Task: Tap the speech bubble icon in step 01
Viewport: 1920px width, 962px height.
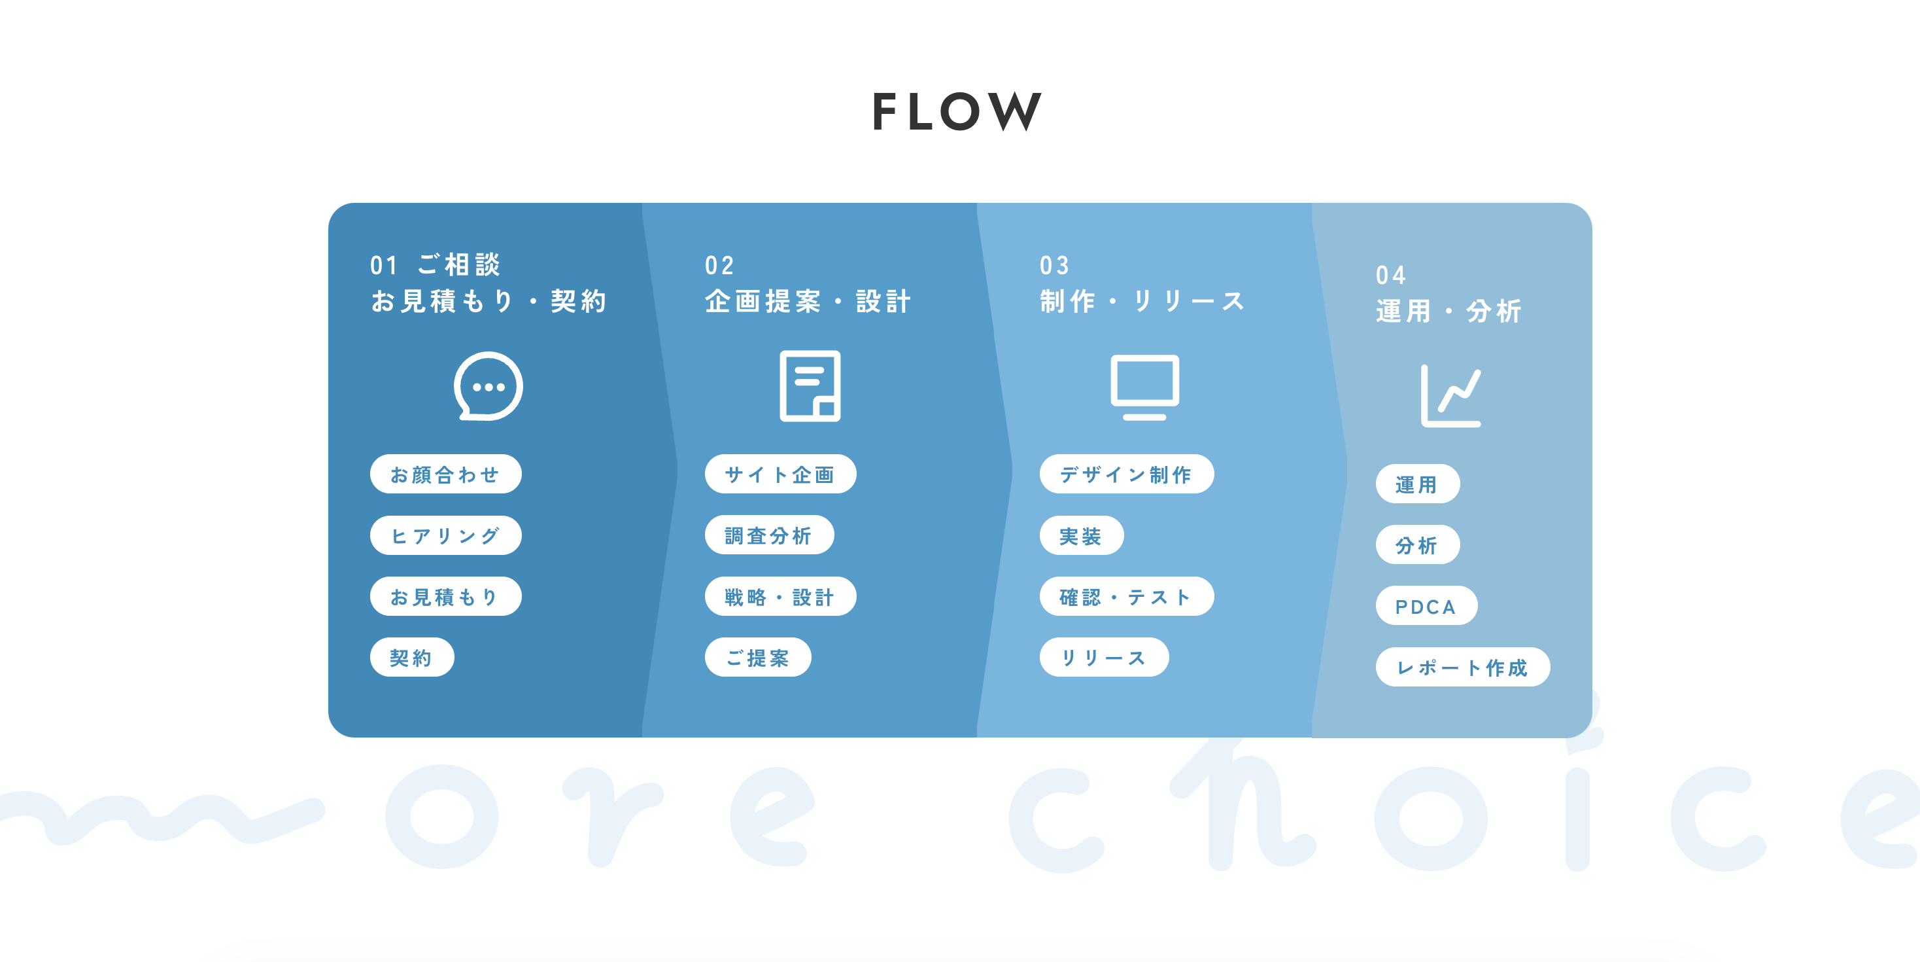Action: pos(489,386)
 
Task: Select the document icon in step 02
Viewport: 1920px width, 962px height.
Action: pos(810,385)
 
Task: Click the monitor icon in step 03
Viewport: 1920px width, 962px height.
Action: pos(1144,386)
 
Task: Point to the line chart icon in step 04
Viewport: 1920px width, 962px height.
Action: pos(1450,396)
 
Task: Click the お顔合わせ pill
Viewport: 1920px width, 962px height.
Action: pos(445,474)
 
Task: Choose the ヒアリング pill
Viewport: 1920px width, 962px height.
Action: pos(445,535)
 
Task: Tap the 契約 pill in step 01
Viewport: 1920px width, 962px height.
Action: pos(411,658)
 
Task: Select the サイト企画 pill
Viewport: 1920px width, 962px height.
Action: pos(780,474)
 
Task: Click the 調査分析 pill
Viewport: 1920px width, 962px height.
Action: pos(768,535)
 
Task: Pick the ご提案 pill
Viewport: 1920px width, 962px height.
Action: pos(757,658)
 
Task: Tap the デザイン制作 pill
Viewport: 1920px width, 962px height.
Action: pos(1125,474)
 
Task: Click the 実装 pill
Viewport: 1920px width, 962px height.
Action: pos(1081,535)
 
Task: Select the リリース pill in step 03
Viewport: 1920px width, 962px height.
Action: pos(1103,658)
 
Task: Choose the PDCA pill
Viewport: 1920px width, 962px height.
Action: pos(1425,606)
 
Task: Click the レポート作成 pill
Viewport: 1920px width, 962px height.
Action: pos(1462,668)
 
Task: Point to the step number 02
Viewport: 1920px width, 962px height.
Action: pos(719,266)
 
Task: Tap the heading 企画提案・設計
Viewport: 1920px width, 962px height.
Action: pos(808,301)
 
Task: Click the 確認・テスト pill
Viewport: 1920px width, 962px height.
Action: pos(1125,597)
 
